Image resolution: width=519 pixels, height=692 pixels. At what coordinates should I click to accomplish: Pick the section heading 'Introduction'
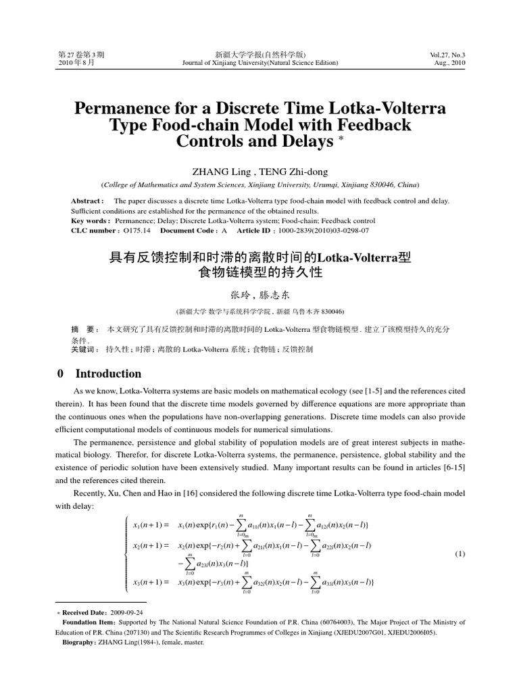108,374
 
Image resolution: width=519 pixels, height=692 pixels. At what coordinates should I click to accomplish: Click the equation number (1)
460,554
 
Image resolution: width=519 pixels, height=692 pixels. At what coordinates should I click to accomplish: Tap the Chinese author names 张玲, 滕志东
259,295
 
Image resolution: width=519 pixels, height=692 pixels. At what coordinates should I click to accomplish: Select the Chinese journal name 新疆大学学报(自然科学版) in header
259,53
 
